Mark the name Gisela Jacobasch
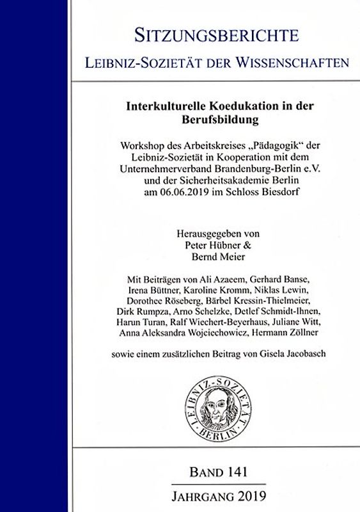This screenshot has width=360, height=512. pyautogui.click(x=299, y=354)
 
